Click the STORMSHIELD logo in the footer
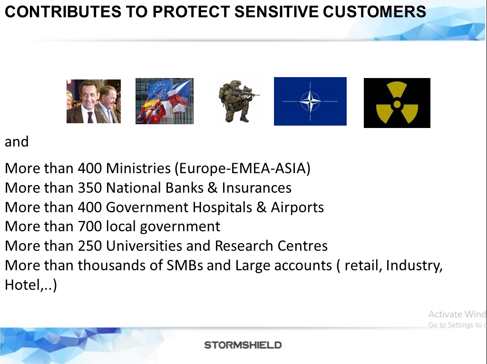(x=243, y=345)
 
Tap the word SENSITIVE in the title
(x=276, y=12)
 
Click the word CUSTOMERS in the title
(x=374, y=12)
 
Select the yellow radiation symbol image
(x=397, y=103)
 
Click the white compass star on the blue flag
(x=310, y=101)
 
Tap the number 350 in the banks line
(x=90, y=188)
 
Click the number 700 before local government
(x=90, y=226)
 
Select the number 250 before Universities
(x=90, y=246)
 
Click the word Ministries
(x=138, y=168)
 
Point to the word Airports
(x=297, y=207)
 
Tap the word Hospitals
(x=222, y=207)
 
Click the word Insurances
(x=256, y=188)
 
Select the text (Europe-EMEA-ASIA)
(x=242, y=168)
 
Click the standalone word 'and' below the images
(x=17, y=142)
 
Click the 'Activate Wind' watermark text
(x=457, y=314)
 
